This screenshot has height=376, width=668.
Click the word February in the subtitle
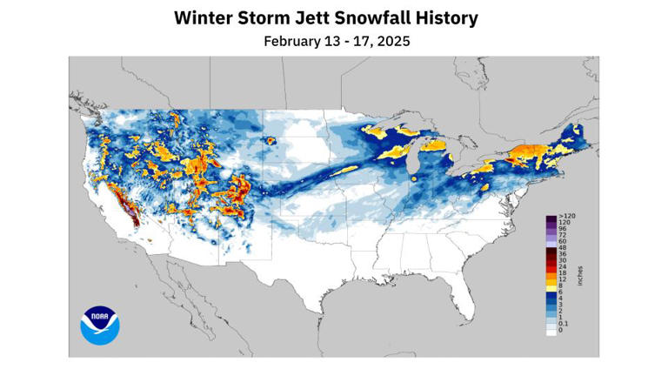tap(292, 41)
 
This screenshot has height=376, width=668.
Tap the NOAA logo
tap(99, 325)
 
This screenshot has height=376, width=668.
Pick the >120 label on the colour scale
tap(566, 215)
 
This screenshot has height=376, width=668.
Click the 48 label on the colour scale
tap(563, 249)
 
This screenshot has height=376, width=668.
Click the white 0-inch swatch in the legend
tap(551, 331)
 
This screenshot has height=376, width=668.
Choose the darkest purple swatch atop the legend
tap(551, 217)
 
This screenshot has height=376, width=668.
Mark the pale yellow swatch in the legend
tap(551, 290)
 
